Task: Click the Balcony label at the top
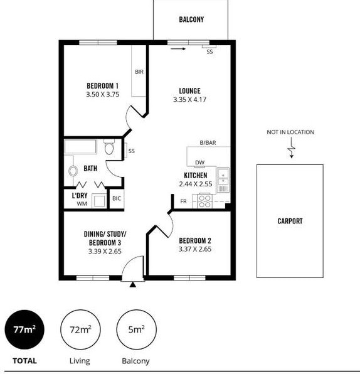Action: pos(191,19)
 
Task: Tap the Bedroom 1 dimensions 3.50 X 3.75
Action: pos(103,95)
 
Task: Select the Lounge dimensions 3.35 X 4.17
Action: pos(190,100)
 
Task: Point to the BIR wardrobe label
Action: pos(139,72)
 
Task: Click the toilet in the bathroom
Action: pos(109,147)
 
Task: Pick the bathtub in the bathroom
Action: pos(80,147)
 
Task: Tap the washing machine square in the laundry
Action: pos(100,201)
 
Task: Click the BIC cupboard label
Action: pos(117,198)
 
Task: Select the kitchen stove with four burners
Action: pos(205,201)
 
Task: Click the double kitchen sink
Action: pos(223,180)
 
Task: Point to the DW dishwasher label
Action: pos(200,163)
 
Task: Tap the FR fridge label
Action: pos(183,201)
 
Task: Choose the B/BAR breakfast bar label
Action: pos(208,142)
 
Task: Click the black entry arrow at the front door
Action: pos(133,285)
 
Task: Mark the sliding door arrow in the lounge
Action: pos(178,49)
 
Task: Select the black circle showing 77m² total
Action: pos(24,329)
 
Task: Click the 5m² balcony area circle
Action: pos(136,329)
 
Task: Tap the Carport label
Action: pos(290,221)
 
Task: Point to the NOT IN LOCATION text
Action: pos(290,132)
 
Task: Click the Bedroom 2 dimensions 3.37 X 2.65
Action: pos(195,249)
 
